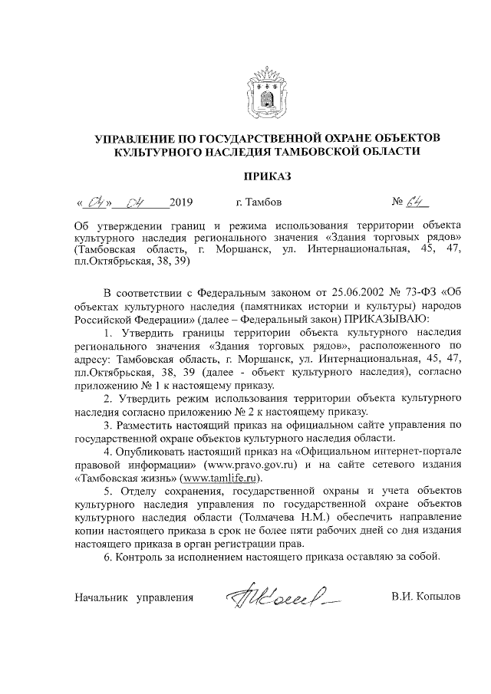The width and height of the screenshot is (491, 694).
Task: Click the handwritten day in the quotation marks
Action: pos(96,203)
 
